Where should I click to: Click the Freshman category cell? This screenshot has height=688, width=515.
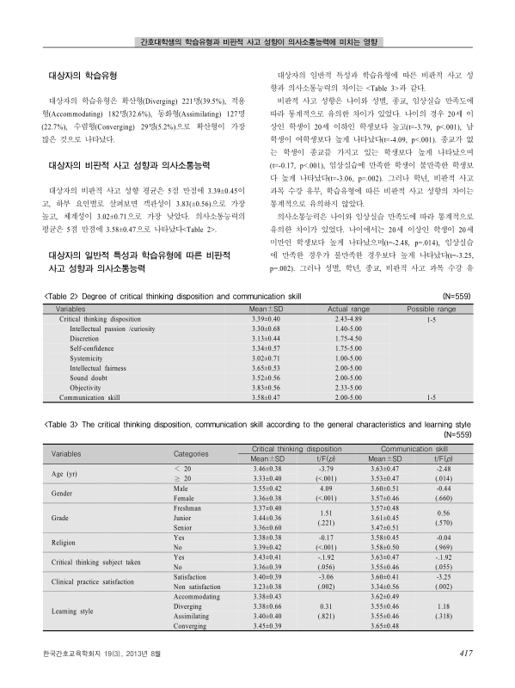click(x=190, y=509)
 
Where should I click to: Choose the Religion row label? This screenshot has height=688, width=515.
click(x=64, y=543)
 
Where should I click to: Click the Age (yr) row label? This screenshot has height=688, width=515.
click(x=66, y=473)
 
